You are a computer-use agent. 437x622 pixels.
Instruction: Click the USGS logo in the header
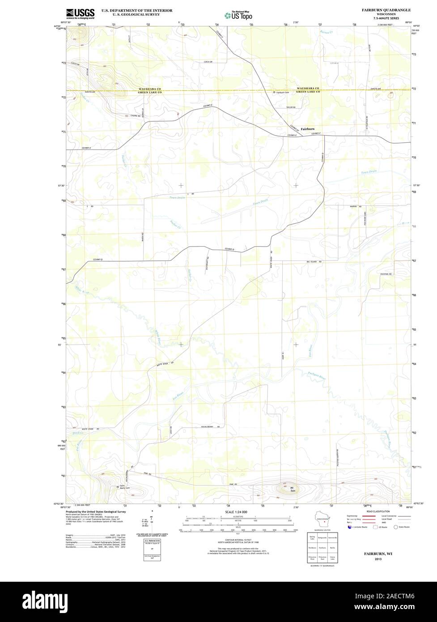point(81,13)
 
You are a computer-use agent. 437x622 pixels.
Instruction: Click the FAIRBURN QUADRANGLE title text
point(386,9)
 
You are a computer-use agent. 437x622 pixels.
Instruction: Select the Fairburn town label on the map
point(307,129)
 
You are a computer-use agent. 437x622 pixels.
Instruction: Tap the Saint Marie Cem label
point(123,486)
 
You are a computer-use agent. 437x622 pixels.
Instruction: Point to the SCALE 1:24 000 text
point(236,511)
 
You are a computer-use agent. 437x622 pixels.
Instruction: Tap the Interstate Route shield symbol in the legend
point(349,527)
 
